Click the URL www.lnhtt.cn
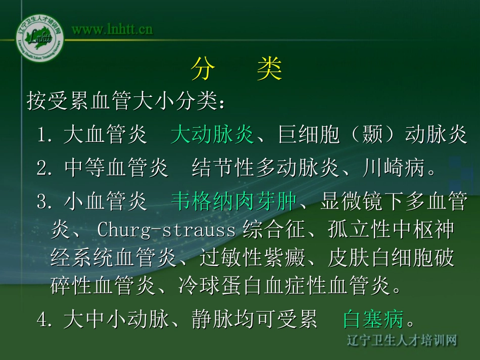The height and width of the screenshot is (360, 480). click(x=112, y=29)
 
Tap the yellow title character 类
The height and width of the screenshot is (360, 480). click(x=269, y=69)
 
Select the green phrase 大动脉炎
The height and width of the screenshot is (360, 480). click(x=212, y=135)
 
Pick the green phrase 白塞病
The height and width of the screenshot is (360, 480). click(x=373, y=319)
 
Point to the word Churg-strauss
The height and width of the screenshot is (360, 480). click(x=166, y=230)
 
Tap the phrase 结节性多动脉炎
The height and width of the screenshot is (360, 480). click(x=265, y=168)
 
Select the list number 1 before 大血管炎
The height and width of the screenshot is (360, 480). click(x=42, y=135)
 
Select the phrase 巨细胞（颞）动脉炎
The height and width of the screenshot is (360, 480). click(x=372, y=135)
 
